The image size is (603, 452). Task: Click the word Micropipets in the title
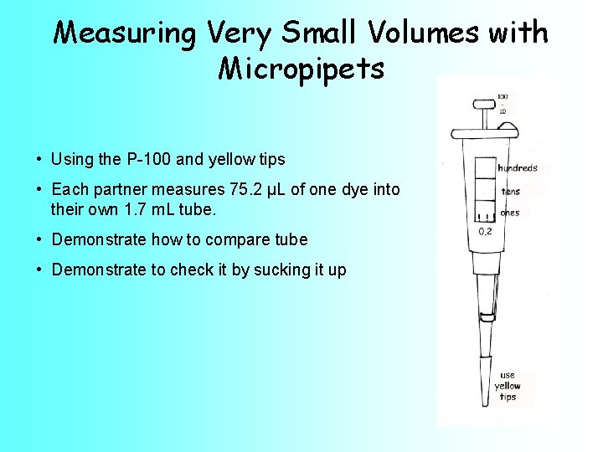[x=301, y=69]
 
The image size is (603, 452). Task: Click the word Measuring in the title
[x=124, y=33]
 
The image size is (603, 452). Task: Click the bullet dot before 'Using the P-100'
[x=39, y=159]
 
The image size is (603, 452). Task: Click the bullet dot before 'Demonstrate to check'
[x=39, y=270]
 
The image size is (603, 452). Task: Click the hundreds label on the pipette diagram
[x=518, y=168]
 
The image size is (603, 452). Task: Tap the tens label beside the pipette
[x=510, y=192]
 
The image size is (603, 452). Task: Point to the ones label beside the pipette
[x=509, y=213]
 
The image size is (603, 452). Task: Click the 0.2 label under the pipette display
[x=485, y=231]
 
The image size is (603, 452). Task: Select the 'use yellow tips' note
[x=508, y=386]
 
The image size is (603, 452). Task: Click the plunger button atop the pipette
[x=482, y=105]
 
